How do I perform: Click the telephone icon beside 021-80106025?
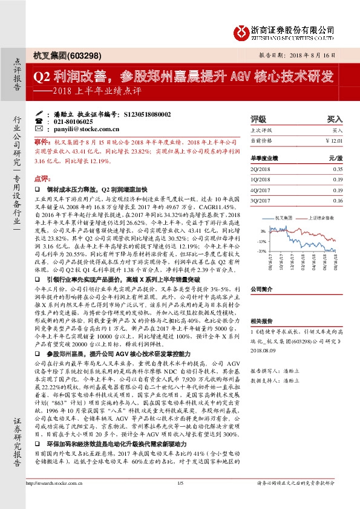pos(39,121)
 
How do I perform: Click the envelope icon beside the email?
pos(39,129)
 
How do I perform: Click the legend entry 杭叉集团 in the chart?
pos(283,216)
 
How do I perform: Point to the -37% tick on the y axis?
pos(261,250)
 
